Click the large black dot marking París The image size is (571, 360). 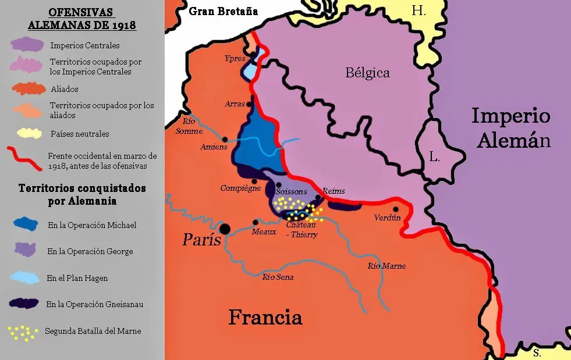pyautogui.click(x=225, y=228)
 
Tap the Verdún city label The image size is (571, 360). pyautogui.click(x=388, y=218)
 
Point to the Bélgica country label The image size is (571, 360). pyautogui.click(x=367, y=73)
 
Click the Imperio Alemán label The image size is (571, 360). pyautogui.click(x=510, y=128)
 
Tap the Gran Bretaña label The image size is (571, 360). pyautogui.click(x=223, y=11)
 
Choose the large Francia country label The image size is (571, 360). pyautogui.click(x=265, y=318)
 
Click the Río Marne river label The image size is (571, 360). pyautogui.click(x=386, y=266)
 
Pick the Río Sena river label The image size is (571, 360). pyautogui.click(x=278, y=277)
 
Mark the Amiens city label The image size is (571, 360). pyautogui.click(x=214, y=147)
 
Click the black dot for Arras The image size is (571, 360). pyautogui.click(x=250, y=104)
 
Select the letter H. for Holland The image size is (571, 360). pyautogui.click(x=418, y=10)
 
